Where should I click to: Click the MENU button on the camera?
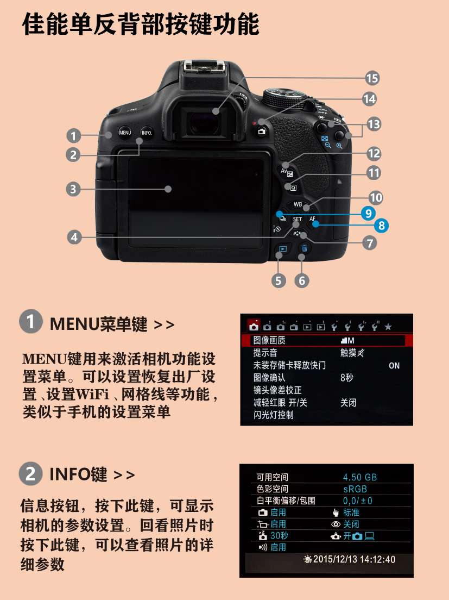pyautogui.click(x=125, y=133)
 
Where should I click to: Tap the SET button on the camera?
pyautogui.click(x=298, y=219)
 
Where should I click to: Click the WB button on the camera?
pyautogui.click(x=298, y=204)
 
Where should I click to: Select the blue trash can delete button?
pyautogui.click(x=305, y=248)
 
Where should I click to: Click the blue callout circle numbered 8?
pyautogui.click(x=381, y=225)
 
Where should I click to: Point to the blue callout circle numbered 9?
pyautogui.click(x=368, y=212)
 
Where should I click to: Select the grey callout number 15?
pyautogui.click(x=372, y=78)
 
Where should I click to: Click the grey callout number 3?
pyautogui.click(x=73, y=189)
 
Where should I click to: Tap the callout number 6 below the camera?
pyautogui.click(x=302, y=280)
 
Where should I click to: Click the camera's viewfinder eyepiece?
pyautogui.click(x=204, y=122)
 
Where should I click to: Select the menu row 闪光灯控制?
pyautogui.click(x=273, y=415)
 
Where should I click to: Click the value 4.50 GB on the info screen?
pyautogui.click(x=360, y=477)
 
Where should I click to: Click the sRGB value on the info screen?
pyautogui.click(x=355, y=489)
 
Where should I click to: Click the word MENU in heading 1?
pyautogui.click(x=74, y=324)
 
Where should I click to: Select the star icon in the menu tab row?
pyautogui.click(x=388, y=327)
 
